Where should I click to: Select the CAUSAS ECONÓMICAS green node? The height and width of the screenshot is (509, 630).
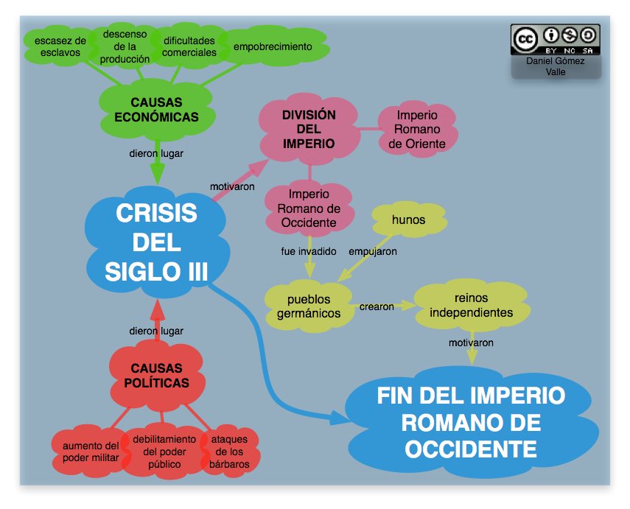coord(155,110)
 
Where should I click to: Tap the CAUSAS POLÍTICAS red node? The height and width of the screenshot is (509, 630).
coord(155,375)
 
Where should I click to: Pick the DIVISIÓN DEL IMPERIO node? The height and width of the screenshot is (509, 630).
coord(309,129)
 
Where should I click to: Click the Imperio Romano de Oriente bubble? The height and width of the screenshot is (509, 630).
coord(417,129)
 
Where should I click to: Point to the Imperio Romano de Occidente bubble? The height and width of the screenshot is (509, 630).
coord(309,208)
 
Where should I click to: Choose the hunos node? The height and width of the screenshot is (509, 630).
coord(408,220)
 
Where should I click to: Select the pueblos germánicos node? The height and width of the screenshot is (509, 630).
coord(309,306)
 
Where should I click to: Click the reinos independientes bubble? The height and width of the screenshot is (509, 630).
coord(471,305)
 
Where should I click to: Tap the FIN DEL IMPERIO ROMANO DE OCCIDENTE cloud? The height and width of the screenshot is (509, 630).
coord(471,422)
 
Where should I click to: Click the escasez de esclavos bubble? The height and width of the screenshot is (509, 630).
coord(60,46)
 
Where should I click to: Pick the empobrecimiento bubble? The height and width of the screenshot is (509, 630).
coord(272,46)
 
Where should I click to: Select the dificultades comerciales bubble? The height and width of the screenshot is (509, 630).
coord(189,46)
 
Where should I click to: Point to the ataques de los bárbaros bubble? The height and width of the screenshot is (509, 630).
coord(229,452)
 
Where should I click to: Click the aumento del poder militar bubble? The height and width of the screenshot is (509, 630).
coord(91,452)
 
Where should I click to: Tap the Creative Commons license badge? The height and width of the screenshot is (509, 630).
coord(556,40)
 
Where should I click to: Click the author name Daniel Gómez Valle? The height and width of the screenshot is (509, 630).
coord(556,66)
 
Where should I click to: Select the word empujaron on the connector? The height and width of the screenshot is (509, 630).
coord(373,251)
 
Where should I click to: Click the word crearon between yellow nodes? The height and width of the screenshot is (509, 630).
coord(377,306)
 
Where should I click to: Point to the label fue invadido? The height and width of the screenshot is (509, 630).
coord(309,251)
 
